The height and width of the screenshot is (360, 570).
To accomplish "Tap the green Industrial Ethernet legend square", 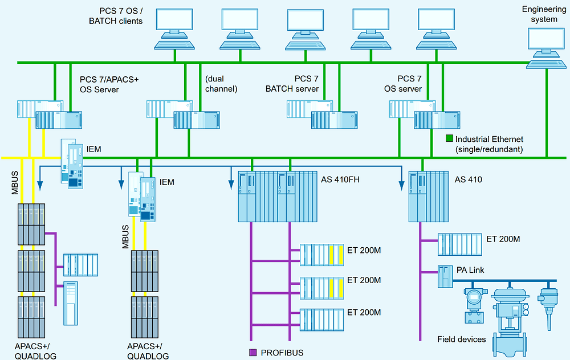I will (x=449, y=138).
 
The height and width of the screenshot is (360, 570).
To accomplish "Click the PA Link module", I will (x=445, y=277).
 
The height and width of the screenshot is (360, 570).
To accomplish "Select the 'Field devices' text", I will (x=461, y=339).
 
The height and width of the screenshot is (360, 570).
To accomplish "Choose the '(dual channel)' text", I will (x=220, y=84).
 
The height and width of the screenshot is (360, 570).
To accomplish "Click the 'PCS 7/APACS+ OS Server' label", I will (x=109, y=84).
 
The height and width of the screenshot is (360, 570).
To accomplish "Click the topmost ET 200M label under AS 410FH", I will (x=364, y=250).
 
